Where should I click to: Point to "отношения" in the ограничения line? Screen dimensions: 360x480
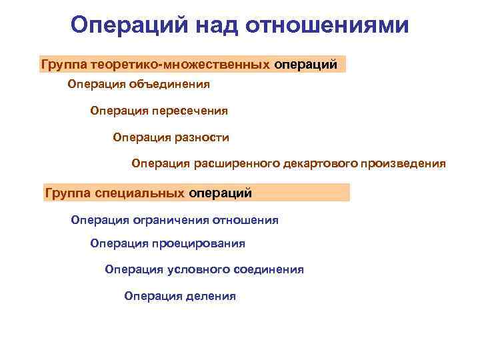coord(247,220)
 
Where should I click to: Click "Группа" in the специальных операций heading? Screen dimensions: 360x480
coord(67,193)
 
